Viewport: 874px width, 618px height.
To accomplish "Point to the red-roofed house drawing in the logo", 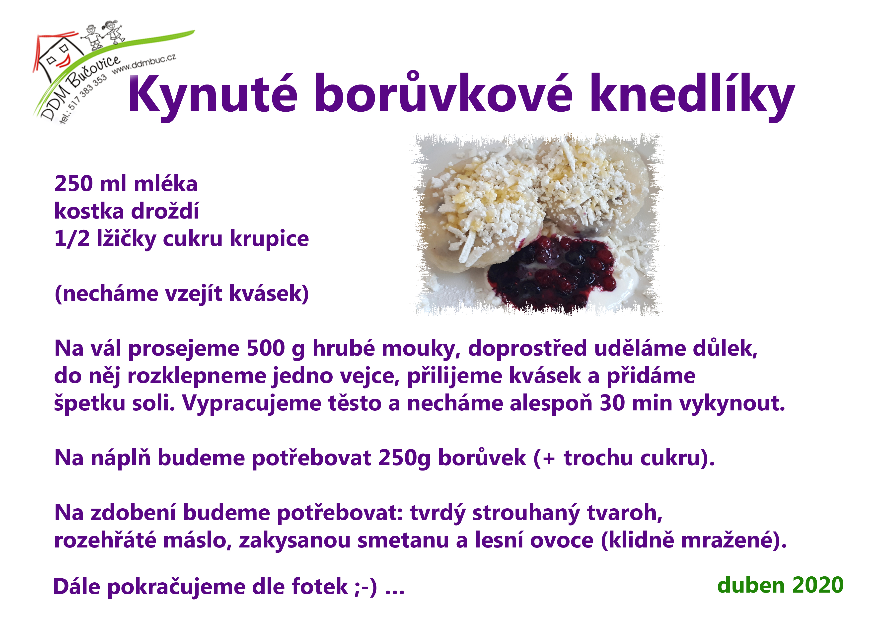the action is click(x=57, y=57).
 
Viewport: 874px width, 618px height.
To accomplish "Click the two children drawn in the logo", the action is click(x=103, y=36).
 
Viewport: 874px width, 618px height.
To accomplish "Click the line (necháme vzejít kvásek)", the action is click(x=182, y=294).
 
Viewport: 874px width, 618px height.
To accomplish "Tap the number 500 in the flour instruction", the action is click(x=265, y=348).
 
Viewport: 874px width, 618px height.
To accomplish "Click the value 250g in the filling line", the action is click(x=404, y=458).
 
